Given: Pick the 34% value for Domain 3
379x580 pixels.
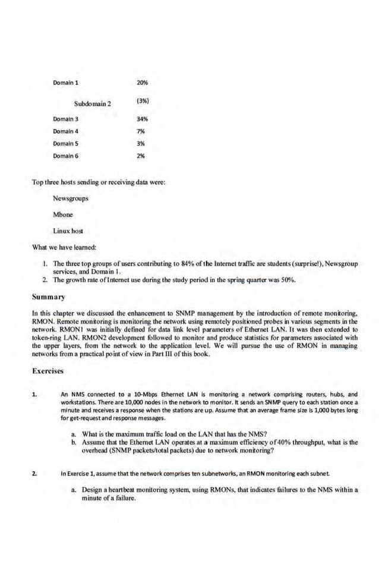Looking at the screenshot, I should (142, 119).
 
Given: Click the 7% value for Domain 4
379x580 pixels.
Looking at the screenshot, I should (141, 131).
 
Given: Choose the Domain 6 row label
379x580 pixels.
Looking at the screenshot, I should (65, 156).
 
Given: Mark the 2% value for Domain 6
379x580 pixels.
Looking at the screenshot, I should (141, 156).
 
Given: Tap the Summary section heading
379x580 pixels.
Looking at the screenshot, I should (48, 296).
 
